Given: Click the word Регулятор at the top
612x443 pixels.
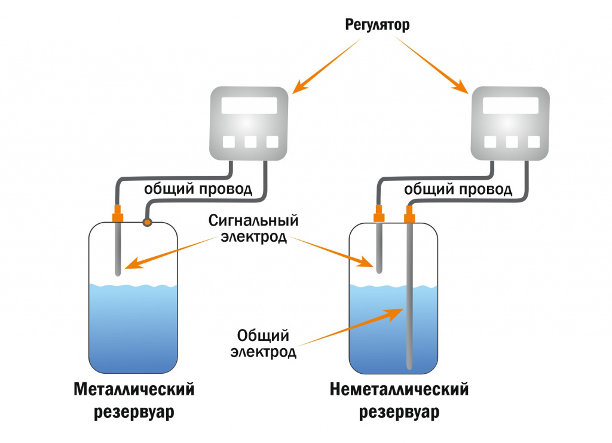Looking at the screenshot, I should click(x=378, y=25).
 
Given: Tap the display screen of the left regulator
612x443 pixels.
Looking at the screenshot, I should click(x=249, y=106).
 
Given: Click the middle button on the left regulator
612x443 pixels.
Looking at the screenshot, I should click(x=250, y=142).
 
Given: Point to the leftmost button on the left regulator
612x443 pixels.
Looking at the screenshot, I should click(x=228, y=142).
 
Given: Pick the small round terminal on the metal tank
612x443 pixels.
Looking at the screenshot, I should click(x=146, y=222).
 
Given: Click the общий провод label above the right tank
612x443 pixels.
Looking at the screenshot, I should click(x=458, y=190).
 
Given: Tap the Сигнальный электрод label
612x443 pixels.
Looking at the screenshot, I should click(x=253, y=228).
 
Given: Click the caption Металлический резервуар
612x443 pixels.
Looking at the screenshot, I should click(x=134, y=401).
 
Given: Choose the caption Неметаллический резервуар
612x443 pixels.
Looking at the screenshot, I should click(x=399, y=401).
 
